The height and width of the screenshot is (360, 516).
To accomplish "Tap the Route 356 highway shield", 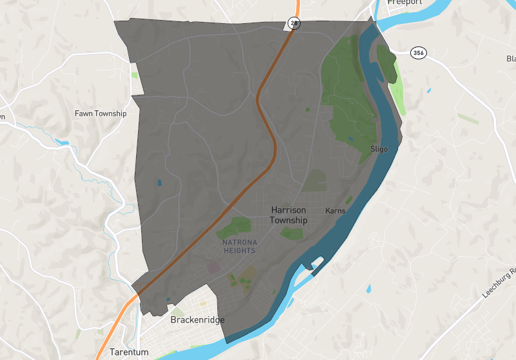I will [x=419, y=53].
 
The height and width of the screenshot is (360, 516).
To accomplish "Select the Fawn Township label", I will [x=101, y=114].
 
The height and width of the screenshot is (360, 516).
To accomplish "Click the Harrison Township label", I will [x=289, y=215].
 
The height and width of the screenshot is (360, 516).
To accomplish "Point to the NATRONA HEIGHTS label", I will [x=239, y=246].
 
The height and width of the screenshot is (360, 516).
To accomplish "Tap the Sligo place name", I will [x=379, y=149].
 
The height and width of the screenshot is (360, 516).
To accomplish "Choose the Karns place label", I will [x=335, y=211].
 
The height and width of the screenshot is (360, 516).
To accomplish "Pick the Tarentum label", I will [x=129, y=352].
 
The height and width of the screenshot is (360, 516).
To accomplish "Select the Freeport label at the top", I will [x=404, y=3].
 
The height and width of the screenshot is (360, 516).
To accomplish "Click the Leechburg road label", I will [x=500, y=282].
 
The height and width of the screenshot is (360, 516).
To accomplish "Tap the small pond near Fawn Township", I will [x=62, y=142].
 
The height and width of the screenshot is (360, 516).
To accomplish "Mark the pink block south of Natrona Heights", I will [x=213, y=266].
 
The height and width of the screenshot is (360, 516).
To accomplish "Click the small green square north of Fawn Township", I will [x=135, y=75].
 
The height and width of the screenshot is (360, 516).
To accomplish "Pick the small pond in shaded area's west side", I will [x=159, y=183].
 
